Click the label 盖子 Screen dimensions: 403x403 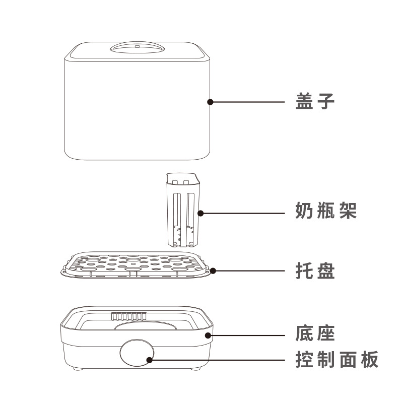(x=315, y=102)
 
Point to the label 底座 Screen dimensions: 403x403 (x=315, y=334)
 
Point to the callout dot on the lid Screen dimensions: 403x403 (x=210, y=102)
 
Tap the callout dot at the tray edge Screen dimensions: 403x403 (x=213, y=271)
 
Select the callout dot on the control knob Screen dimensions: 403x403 (x=149, y=359)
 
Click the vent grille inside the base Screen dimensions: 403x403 (x=128, y=316)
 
